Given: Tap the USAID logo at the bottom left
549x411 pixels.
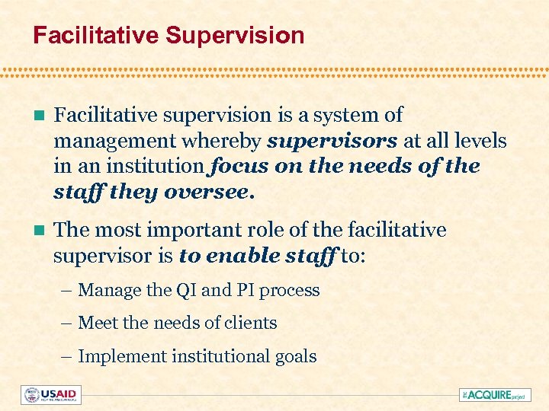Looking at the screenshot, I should [51, 395].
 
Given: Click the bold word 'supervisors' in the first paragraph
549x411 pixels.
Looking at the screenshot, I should [332, 141].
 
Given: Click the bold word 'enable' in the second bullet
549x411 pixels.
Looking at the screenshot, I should [239, 256].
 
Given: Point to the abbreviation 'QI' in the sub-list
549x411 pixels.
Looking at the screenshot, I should [184, 290].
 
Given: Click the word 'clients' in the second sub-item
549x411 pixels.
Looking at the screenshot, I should [252, 323].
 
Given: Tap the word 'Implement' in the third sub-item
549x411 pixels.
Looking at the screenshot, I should [117, 356].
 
